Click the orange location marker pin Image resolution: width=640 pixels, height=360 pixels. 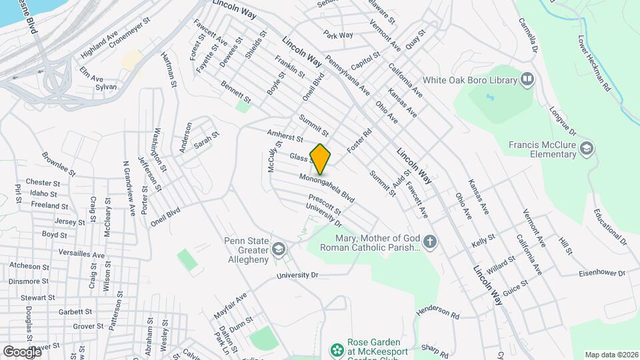[x=321, y=159]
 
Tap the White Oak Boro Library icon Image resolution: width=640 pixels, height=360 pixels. [x=528, y=80]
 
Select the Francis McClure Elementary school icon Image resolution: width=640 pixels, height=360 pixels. [x=587, y=147]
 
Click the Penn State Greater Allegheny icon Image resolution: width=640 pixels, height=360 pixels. [x=278, y=251]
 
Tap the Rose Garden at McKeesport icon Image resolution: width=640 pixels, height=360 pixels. [x=337, y=349]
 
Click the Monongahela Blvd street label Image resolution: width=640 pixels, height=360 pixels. [x=327, y=189]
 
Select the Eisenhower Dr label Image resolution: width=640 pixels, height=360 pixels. [x=600, y=273]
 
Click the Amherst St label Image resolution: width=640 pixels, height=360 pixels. [x=285, y=135]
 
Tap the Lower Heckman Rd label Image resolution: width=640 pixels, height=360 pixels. [x=595, y=63]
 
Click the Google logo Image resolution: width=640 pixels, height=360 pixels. [x=22, y=351]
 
